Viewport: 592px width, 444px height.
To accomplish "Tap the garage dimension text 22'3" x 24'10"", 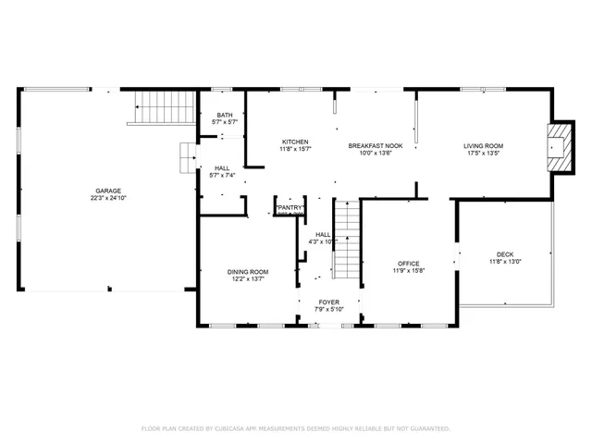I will [x=107, y=197].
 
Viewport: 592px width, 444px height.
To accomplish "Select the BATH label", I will [x=225, y=114].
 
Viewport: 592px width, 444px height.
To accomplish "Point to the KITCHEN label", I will [x=295, y=141].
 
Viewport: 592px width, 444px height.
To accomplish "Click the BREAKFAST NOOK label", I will [x=374, y=145].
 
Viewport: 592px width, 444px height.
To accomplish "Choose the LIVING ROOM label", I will [x=483, y=145].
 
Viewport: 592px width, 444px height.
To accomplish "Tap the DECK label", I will [x=504, y=254].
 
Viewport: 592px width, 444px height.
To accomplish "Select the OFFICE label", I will [x=408, y=264].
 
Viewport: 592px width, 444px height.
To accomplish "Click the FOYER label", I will [x=328, y=302].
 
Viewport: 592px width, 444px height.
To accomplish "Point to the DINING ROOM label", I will [x=247, y=271].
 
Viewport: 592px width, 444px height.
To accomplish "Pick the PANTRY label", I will [x=290, y=208].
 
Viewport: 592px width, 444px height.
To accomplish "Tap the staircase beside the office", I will [x=346, y=242].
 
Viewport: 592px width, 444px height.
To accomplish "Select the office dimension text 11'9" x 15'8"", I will [x=408, y=272].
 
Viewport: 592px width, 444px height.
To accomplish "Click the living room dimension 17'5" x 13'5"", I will [x=483, y=154].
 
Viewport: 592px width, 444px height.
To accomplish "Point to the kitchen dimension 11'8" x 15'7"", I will [x=295, y=149].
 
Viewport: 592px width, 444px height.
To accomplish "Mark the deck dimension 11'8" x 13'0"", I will [x=504, y=263].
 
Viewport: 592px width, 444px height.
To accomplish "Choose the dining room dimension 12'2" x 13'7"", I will [x=247, y=279].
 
